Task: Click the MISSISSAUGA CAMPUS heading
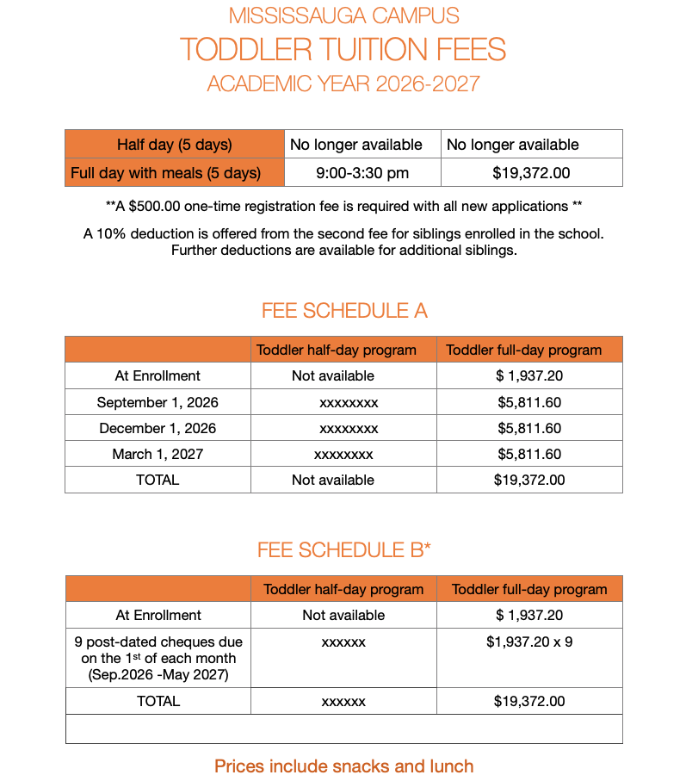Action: [x=343, y=15]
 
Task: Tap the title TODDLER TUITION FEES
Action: [x=343, y=49]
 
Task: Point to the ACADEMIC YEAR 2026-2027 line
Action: [x=343, y=84]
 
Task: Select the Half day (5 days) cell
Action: [x=175, y=145]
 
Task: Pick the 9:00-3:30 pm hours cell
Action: [x=362, y=173]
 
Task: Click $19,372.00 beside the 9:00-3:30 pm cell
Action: [x=531, y=173]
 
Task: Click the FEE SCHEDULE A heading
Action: [x=343, y=311]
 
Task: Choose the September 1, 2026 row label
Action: [x=158, y=402]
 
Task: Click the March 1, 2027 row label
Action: [x=158, y=454]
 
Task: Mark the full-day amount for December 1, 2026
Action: [x=529, y=428]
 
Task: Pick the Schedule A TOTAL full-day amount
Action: [x=529, y=480]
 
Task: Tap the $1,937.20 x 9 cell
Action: [x=529, y=642]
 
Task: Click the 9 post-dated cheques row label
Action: [x=158, y=658]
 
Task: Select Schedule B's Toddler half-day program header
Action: [x=343, y=589]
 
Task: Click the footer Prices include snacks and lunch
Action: [x=343, y=766]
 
